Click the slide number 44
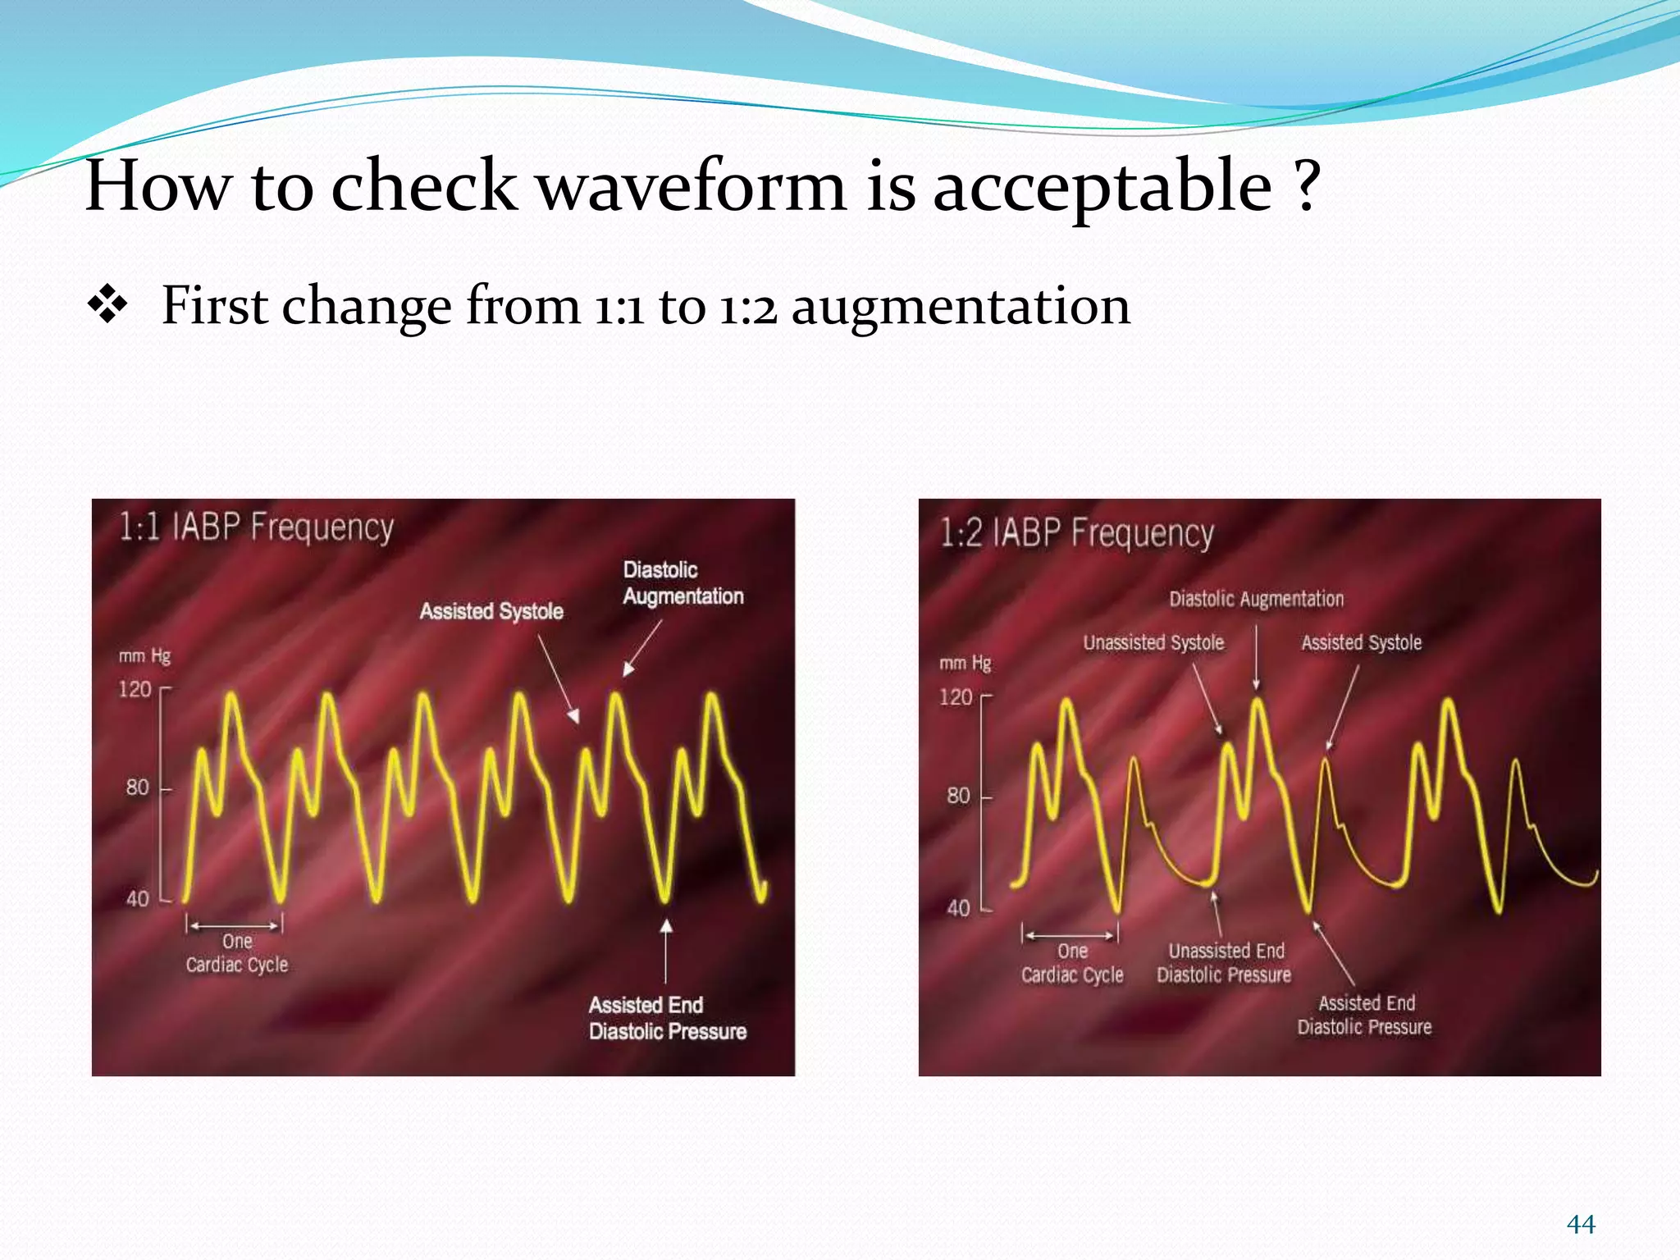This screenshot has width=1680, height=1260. [x=1580, y=1225]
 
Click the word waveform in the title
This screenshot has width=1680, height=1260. [x=691, y=187]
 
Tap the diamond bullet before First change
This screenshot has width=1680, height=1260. [x=107, y=307]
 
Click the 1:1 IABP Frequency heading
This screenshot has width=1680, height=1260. [x=257, y=527]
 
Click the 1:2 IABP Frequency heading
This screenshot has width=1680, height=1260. [x=1076, y=534]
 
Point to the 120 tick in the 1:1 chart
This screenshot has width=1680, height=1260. [x=136, y=689]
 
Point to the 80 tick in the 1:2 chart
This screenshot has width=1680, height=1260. [x=958, y=796]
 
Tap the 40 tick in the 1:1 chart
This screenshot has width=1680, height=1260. [x=137, y=899]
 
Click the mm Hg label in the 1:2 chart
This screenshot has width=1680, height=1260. [x=965, y=663]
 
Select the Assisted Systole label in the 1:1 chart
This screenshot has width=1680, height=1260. [x=491, y=611]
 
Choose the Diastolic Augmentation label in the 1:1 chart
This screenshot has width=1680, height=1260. [x=682, y=583]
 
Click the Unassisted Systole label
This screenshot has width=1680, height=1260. [x=1153, y=643]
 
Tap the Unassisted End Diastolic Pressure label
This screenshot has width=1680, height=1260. [x=1225, y=963]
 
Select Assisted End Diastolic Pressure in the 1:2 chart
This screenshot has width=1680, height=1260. [x=1365, y=1015]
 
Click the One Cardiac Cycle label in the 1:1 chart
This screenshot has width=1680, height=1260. [x=237, y=953]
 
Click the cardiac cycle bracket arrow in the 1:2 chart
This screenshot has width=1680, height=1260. [x=1070, y=934]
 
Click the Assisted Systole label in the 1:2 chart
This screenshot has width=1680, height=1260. [x=1361, y=643]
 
